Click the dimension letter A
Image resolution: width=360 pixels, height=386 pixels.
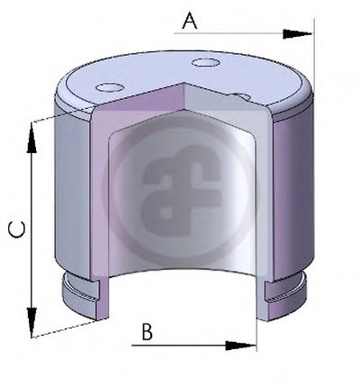[190, 21]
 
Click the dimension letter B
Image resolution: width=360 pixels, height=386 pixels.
[147, 331]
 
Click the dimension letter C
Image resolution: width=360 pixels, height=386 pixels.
[16, 229]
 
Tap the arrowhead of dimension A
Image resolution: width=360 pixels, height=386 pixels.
[297, 34]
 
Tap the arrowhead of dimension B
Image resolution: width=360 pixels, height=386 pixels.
[240, 346]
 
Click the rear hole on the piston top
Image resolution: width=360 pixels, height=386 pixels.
[205, 62]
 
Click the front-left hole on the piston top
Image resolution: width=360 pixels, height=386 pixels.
[110, 87]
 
